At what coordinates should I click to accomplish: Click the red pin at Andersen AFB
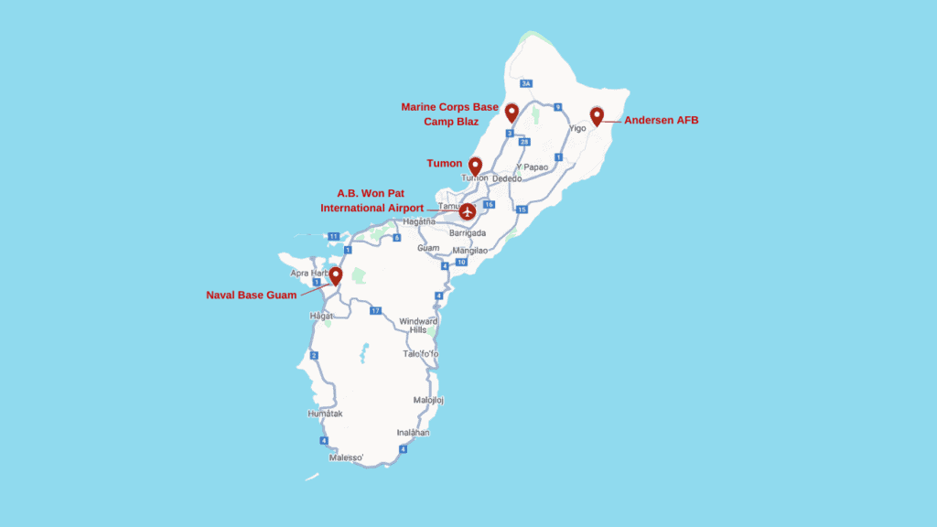597,115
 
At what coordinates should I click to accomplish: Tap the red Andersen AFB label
661,120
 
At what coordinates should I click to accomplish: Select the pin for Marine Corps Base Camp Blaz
512,112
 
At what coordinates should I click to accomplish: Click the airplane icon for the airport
468,212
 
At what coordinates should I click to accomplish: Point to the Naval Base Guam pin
336,274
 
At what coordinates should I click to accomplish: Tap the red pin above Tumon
475,166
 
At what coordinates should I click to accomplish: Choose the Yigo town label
577,129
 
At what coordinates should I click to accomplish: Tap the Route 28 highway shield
523,142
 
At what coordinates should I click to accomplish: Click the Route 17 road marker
375,311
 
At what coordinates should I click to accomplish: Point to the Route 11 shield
334,236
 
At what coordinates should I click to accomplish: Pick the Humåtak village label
325,414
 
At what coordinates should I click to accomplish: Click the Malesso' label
346,457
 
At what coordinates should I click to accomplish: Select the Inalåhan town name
413,432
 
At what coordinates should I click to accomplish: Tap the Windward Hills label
418,326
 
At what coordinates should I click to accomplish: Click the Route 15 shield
522,210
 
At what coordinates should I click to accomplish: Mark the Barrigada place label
467,233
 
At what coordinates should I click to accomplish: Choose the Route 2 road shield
314,355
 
